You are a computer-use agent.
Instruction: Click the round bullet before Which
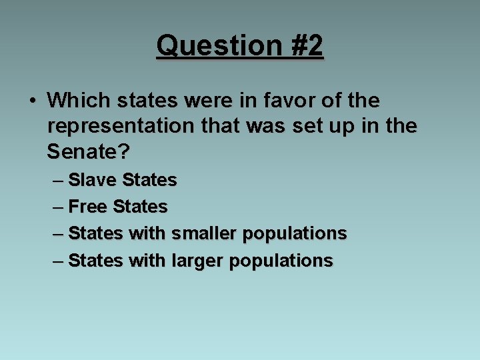coord(32,101)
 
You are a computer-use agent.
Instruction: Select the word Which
coord(79,101)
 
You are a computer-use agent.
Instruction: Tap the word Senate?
coord(88,151)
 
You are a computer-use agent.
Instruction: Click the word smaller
coord(204,233)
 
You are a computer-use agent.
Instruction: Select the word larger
coord(197,260)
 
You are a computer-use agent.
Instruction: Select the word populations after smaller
coord(295,234)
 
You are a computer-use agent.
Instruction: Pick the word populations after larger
coord(281,261)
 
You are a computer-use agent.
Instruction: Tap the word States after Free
coord(140,207)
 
